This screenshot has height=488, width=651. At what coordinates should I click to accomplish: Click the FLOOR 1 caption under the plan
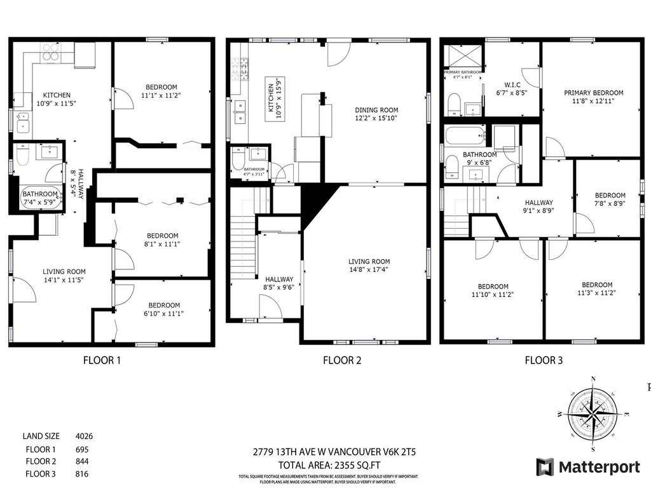coord(102,361)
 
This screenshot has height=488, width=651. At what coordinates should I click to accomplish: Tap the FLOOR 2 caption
coord(342,361)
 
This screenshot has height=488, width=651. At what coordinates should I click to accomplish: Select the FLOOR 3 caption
coord(544,361)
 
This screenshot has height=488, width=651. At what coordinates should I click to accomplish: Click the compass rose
coord(593,412)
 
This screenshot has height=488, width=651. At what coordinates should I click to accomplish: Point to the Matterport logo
coord(588,467)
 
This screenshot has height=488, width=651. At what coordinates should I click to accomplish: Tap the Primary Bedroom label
coord(593,93)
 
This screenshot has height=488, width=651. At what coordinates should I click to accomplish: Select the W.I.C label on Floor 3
coord(512,85)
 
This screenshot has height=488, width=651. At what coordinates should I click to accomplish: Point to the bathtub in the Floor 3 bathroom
coord(465,135)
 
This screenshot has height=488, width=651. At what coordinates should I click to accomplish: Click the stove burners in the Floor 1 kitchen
coord(51,51)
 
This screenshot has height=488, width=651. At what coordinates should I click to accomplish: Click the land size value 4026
coord(85,436)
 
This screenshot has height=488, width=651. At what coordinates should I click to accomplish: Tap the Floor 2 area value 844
coord(81,461)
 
